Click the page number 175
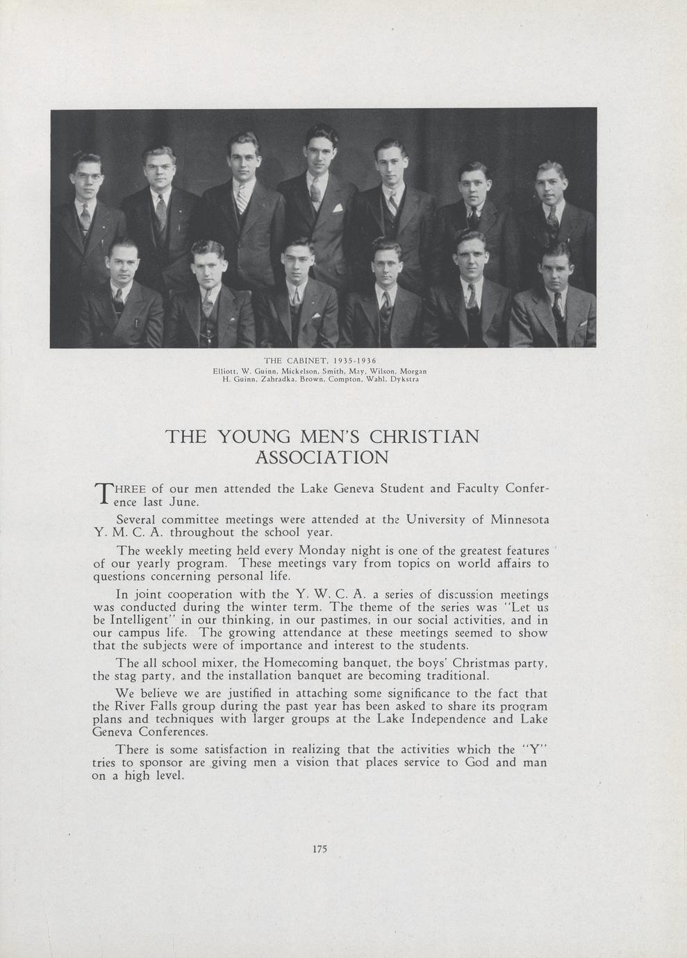pyautogui.click(x=320, y=848)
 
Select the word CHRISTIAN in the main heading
pyautogui.click(x=424, y=437)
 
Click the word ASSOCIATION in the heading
pyautogui.click(x=322, y=457)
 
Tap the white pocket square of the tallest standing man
pyautogui.click(x=338, y=207)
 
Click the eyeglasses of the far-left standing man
pyautogui.click(x=87, y=176)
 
